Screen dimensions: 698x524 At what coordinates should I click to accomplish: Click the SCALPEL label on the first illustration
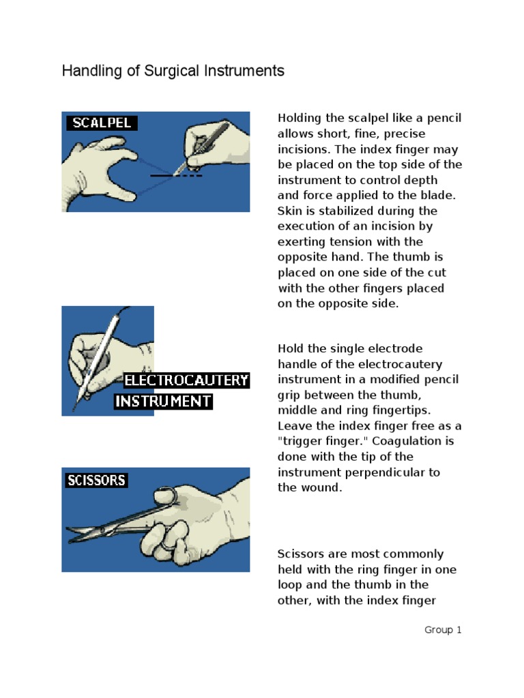tap(100, 123)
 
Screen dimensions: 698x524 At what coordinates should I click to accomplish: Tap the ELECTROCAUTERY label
tap(186, 380)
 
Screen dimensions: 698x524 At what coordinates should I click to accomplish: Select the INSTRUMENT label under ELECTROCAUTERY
tap(163, 401)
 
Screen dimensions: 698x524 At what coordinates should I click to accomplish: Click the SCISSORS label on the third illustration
tap(96, 481)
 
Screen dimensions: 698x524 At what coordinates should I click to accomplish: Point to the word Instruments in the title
tap(245, 71)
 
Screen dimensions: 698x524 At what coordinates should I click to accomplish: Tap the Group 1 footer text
tap(443, 630)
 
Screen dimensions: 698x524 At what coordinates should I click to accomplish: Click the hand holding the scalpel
tap(218, 143)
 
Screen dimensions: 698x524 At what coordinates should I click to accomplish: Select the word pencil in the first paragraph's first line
tap(444, 119)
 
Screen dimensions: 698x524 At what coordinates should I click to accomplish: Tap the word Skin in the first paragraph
tap(289, 211)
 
